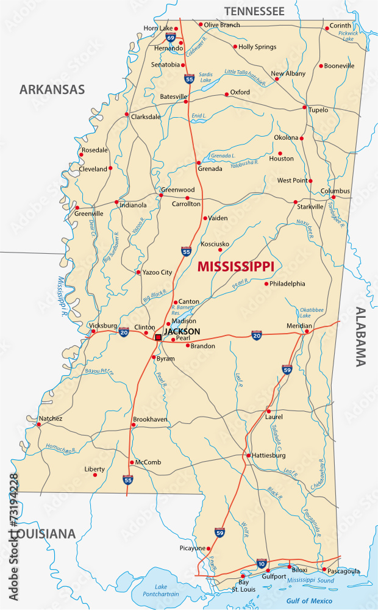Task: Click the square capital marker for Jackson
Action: pos(158,337)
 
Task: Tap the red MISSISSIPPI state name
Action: pos(235,266)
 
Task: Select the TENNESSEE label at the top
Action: pos(254,11)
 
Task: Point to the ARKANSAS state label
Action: pos(52,90)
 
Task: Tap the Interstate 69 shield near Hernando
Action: pos(171,38)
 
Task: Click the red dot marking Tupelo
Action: pos(305,107)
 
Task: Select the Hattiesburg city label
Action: pos(269,455)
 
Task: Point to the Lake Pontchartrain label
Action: pos(157,590)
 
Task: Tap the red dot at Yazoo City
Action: pos(138,272)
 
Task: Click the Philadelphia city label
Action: pos(288,283)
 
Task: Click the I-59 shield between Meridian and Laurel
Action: pos(287,369)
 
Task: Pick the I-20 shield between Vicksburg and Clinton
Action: pos(124,331)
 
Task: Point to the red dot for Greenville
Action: pos(77,207)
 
